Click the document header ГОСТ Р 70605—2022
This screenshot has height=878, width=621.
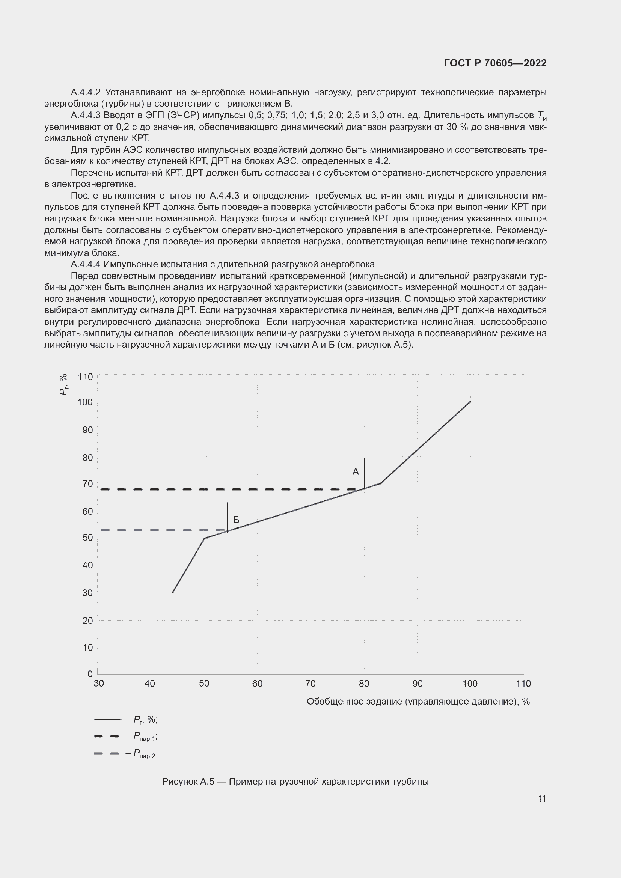tap(495, 63)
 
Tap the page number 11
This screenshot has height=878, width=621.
tap(541, 798)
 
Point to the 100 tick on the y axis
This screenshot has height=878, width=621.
tap(85, 402)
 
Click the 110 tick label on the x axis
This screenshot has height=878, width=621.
tap(523, 683)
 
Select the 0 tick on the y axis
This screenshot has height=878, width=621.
tap(90, 674)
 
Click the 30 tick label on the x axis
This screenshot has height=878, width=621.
tap(99, 683)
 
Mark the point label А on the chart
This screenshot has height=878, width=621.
tap(356, 472)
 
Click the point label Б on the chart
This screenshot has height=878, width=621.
tap(236, 520)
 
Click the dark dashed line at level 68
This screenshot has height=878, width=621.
tap(229, 489)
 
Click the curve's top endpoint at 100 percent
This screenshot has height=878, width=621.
tap(470, 402)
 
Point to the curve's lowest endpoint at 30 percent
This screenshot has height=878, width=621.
tap(172, 593)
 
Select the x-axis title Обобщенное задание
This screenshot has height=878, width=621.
tap(418, 701)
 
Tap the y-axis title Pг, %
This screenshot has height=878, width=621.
tap(63, 384)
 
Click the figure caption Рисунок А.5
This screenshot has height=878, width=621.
tap(295, 781)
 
